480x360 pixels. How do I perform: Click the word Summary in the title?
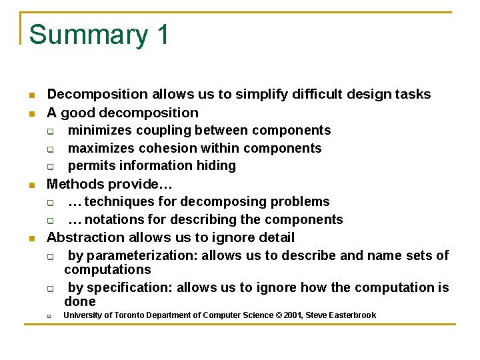(89, 35)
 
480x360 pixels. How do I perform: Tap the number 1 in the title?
(163, 34)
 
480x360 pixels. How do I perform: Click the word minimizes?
(99, 130)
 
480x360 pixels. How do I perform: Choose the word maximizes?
(101, 148)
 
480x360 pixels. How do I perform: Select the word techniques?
(118, 201)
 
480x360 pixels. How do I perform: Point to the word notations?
(114, 219)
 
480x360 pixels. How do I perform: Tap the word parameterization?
(141, 256)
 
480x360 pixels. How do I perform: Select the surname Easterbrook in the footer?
(352, 315)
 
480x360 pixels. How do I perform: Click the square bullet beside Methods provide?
(31, 185)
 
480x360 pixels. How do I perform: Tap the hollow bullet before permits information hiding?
(50, 167)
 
